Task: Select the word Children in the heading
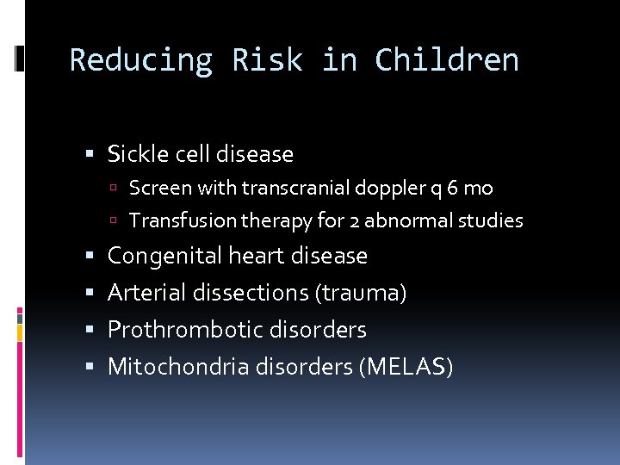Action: point(447,60)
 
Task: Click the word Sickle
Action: point(136,154)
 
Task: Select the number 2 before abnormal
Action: point(355,221)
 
